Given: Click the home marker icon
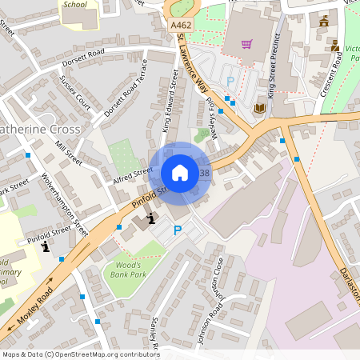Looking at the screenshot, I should (180, 173).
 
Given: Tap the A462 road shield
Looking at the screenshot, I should (181, 26).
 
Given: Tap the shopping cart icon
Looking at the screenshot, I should (247, 43).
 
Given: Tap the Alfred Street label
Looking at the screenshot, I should (132, 176).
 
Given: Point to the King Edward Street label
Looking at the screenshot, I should (170, 102).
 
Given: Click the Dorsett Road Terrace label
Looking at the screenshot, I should (126, 98).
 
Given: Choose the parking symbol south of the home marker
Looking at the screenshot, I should (178, 230).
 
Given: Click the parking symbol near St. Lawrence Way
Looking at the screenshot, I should (230, 81).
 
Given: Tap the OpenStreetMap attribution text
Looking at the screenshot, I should (81, 354).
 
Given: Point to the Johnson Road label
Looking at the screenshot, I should (207, 320).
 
